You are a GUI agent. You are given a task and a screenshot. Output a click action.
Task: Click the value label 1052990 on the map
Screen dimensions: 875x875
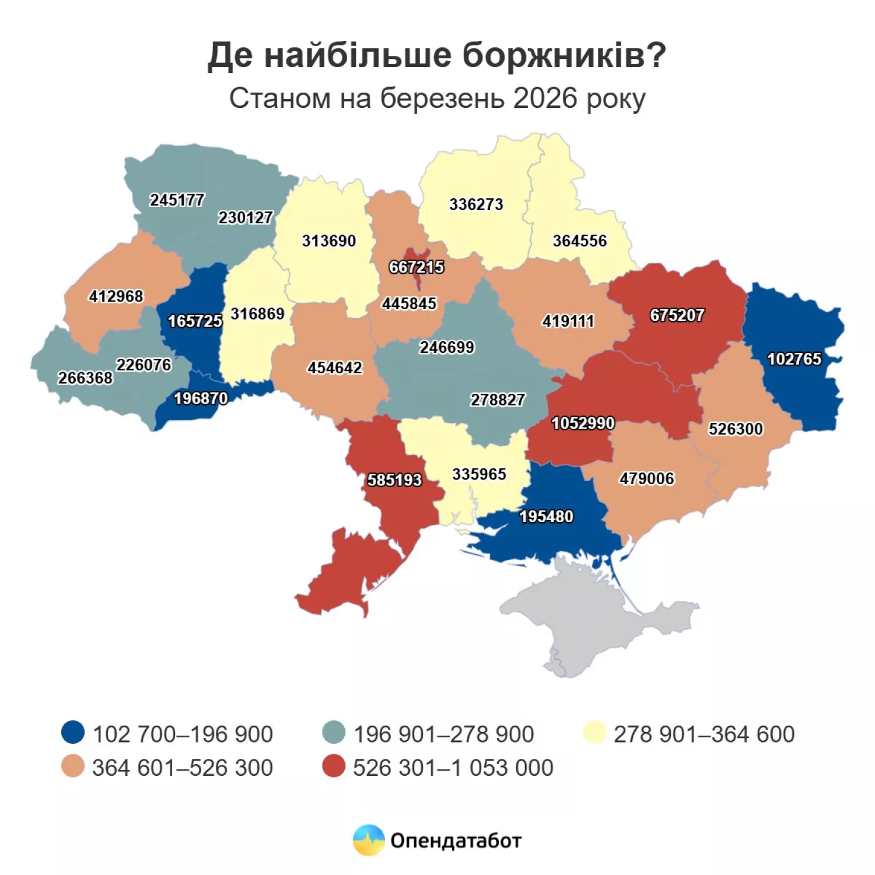[583, 423]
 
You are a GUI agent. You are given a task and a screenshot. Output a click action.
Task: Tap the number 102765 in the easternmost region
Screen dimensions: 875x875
[794, 359]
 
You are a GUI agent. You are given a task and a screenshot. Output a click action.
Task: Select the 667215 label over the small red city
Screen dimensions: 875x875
[416, 267]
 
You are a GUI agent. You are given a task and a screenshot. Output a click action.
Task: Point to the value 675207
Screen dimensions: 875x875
[677, 316]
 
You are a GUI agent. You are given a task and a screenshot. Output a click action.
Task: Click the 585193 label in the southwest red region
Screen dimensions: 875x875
[394, 480]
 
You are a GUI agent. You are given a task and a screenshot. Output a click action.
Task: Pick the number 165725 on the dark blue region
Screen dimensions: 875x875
[195, 321]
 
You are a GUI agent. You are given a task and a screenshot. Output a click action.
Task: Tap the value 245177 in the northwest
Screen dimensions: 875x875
[177, 200]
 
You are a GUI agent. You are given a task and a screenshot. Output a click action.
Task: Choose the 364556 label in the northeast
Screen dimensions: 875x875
[580, 241]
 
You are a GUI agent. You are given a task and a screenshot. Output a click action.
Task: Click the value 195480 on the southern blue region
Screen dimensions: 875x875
[546, 517]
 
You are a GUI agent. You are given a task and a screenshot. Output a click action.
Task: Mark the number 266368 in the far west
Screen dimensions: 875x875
[85, 378]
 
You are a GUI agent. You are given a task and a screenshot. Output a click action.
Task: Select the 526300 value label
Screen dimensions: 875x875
[736, 429]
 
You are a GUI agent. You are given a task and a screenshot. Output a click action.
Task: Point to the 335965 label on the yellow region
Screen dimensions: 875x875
[479, 474]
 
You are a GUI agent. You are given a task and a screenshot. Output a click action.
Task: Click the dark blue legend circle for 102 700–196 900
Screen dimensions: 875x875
[73, 732]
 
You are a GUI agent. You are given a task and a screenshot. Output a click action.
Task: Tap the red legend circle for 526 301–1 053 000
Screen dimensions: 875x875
[334, 766]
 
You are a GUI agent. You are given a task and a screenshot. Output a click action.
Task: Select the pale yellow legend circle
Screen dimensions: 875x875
[594, 732]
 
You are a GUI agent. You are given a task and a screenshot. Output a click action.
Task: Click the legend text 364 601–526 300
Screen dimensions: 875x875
[183, 768]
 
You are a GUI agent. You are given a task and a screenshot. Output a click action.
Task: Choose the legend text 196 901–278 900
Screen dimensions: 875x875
[443, 734]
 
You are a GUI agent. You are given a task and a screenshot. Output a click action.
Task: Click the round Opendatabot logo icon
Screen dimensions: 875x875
[369, 841]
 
